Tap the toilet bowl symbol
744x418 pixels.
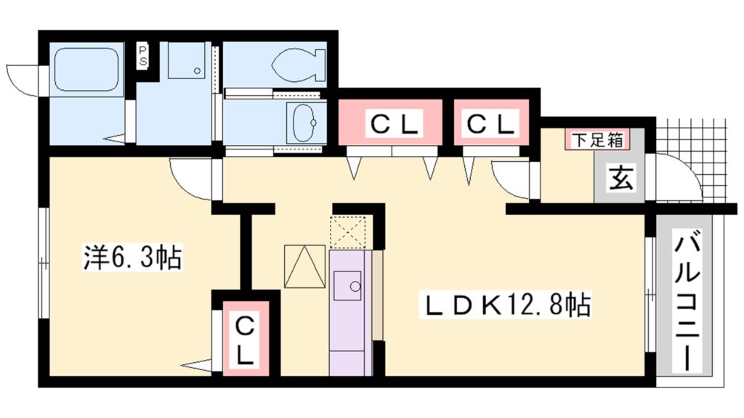tap(299, 63)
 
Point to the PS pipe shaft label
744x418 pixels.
tap(144, 56)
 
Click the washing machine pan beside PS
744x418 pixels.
tap(187, 60)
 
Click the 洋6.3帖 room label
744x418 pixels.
tap(132, 258)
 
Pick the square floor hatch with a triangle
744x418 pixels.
tap(304, 266)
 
